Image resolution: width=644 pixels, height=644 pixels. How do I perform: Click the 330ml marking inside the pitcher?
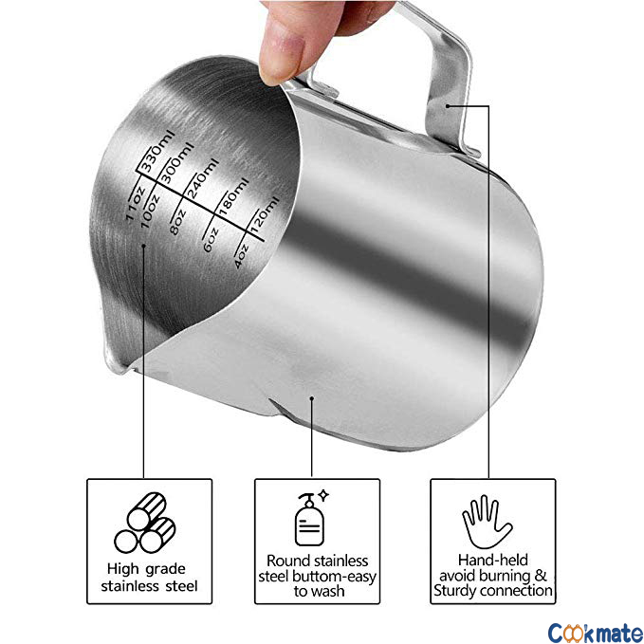(x=157, y=151)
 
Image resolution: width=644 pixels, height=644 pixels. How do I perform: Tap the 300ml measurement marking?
(x=176, y=162)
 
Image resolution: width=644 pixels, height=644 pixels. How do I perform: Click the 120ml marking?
(x=265, y=214)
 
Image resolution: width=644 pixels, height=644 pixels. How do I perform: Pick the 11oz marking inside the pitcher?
(x=135, y=203)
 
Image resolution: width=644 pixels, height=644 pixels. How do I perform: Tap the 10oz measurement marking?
(x=150, y=212)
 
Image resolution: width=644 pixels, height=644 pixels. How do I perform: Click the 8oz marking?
(x=178, y=222)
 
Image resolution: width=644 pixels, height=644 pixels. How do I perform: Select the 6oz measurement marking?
(x=211, y=240)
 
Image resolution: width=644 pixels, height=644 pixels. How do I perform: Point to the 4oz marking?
(x=241, y=256)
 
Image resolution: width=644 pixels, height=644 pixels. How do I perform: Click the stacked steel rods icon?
(x=144, y=523)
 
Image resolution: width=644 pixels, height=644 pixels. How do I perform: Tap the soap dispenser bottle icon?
(x=311, y=518)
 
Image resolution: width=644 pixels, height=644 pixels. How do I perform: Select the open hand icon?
(x=487, y=522)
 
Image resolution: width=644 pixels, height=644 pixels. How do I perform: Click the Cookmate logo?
(x=596, y=633)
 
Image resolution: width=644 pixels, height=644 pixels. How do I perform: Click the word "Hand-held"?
(x=493, y=560)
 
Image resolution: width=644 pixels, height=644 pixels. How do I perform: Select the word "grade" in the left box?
(x=165, y=570)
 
